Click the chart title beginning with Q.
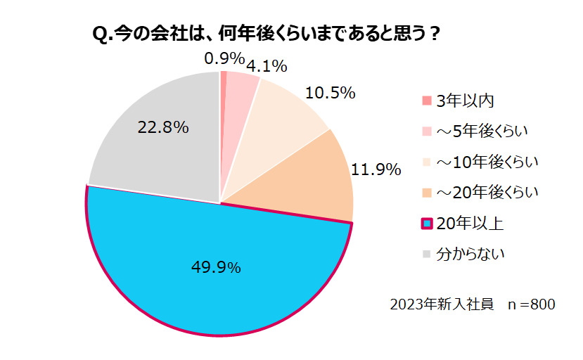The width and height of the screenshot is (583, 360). click(267, 34)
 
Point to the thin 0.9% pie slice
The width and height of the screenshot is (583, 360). click(223, 105)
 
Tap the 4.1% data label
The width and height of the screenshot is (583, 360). click(267, 67)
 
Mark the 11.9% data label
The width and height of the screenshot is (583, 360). click(376, 169)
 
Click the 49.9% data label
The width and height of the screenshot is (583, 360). click(217, 267)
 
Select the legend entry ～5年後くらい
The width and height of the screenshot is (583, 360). click(482, 131)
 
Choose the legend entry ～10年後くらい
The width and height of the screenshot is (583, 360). click(487, 162)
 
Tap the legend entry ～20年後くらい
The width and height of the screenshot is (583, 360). click(487, 192)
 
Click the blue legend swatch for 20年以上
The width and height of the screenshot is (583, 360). click(426, 224)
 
